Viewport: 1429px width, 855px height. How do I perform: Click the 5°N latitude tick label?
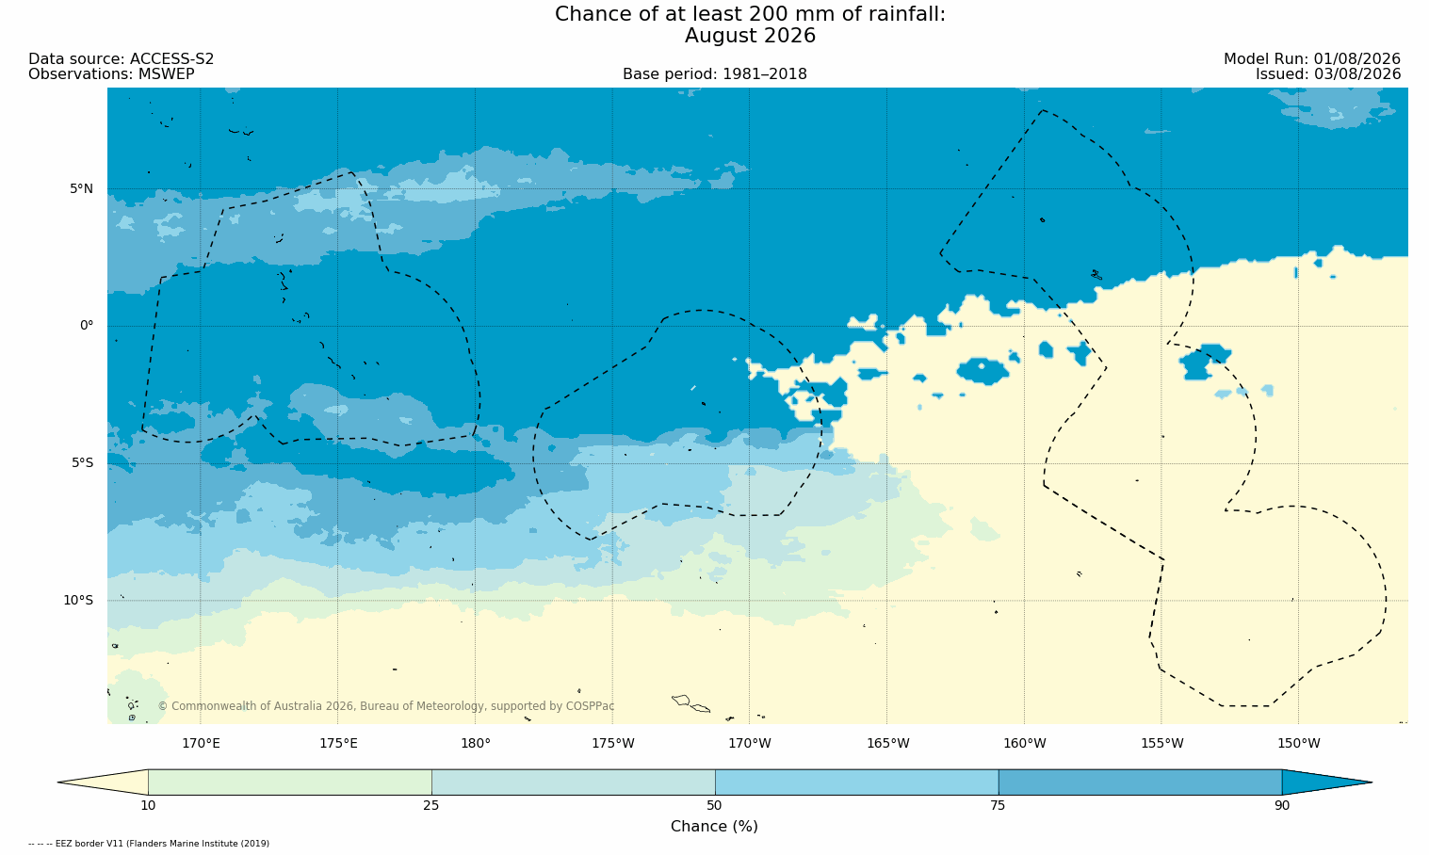(x=81, y=188)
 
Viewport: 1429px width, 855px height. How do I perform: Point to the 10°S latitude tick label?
(x=78, y=601)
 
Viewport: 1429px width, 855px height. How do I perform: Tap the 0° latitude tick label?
(x=86, y=326)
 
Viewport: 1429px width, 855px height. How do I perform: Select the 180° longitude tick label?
(x=476, y=744)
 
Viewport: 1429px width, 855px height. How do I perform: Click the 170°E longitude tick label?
(x=201, y=744)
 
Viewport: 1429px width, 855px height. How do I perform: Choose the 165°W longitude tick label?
(x=887, y=744)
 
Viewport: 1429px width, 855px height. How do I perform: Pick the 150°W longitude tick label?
(x=1299, y=744)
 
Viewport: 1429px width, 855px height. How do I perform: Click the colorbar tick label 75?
(x=998, y=806)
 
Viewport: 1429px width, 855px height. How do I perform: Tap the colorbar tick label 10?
(x=148, y=806)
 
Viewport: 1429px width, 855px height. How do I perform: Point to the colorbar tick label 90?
(x=1282, y=806)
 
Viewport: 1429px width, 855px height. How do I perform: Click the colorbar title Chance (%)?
(x=714, y=827)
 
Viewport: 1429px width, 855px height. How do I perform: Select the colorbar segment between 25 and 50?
(x=574, y=782)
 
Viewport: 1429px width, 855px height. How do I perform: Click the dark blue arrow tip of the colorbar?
(x=1372, y=782)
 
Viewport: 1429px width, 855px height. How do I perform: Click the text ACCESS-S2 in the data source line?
(x=171, y=59)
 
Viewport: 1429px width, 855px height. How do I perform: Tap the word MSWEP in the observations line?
(x=166, y=74)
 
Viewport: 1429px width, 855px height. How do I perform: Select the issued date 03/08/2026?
(x=1357, y=74)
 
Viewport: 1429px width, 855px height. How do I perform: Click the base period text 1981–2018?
(x=764, y=74)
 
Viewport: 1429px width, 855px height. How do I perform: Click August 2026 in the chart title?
(x=750, y=36)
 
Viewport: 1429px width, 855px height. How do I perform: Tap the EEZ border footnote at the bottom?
(x=149, y=844)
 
